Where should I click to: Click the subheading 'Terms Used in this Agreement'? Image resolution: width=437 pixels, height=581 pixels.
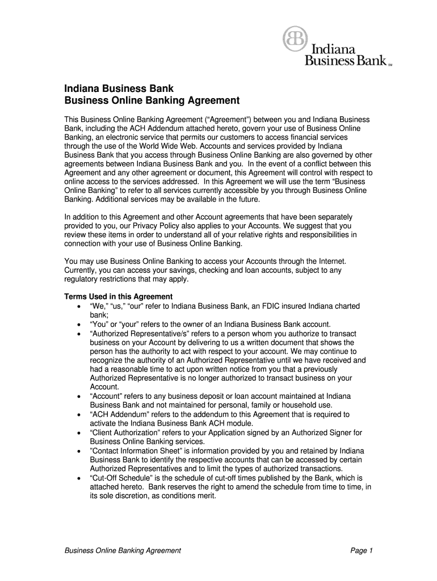pyautogui.click(x=118, y=297)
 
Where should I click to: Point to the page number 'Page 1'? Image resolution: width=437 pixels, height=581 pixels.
pyautogui.click(x=361, y=550)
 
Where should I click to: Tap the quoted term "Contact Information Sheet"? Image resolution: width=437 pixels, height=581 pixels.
pyautogui.click(x=132, y=451)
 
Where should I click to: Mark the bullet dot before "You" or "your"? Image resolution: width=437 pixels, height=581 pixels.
pyautogui.click(x=78, y=325)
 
